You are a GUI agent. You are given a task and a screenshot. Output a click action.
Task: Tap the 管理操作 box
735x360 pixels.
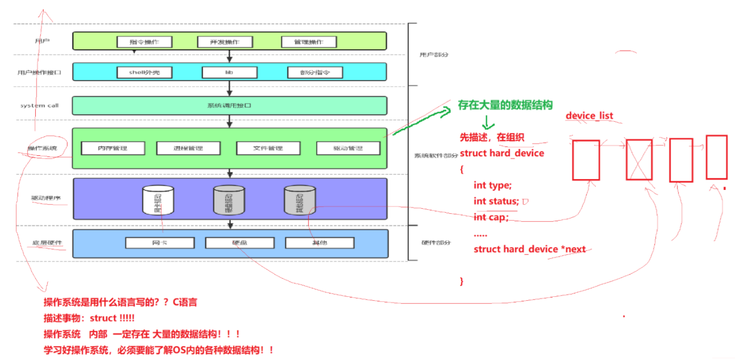click(309, 42)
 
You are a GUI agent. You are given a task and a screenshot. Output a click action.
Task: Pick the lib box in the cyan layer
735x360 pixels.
click(230, 72)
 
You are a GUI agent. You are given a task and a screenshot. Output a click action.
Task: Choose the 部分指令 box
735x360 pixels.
click(315, 72)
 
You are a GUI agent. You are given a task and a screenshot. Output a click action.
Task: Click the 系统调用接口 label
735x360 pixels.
click(230, 106)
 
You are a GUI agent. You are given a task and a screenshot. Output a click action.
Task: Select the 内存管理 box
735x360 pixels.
click(113, 148)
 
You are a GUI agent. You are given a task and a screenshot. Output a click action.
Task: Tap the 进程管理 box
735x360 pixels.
click(188, 148)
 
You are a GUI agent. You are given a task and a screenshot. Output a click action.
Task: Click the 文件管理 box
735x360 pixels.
click(268, 148)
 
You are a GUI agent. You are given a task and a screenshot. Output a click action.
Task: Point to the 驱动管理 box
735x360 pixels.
click(348, 148)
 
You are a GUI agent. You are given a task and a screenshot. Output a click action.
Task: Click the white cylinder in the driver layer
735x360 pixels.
click(157, 200)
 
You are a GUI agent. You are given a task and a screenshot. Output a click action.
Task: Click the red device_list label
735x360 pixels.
click(589, 116)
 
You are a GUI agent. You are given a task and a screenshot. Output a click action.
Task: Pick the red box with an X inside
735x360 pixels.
click(639, 160)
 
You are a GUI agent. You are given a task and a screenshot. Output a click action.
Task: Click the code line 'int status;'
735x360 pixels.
click(496, 201)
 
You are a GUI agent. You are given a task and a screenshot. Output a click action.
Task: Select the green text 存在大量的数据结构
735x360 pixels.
click(505, 105)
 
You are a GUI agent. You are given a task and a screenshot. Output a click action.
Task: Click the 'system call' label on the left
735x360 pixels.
click(39, 106)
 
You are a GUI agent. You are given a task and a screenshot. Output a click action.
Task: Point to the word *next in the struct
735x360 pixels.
click(573, 249)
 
